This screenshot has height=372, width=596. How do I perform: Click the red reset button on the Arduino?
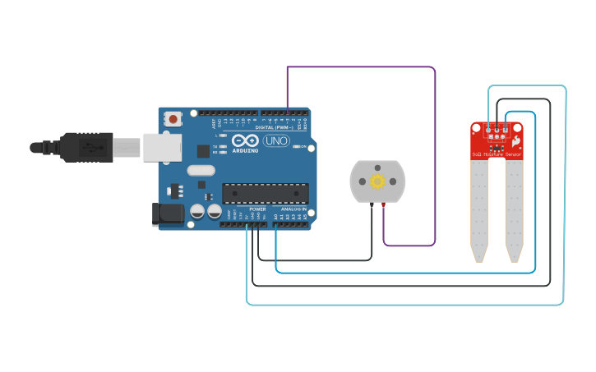pos(173,119)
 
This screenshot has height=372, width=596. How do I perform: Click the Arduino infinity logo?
pos(245,140)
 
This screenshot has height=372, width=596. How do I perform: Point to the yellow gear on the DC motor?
pos(377,181)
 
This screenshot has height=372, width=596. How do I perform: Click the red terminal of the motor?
pos(383,204)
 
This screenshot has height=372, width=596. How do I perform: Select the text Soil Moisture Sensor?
pos(496,154)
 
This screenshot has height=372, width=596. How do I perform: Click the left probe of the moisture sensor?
pos(478,209)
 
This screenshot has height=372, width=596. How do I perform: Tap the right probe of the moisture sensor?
pos(514,209)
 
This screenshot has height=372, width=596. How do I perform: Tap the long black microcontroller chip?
pos(265,194)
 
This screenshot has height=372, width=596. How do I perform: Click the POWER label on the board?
pos(257,209)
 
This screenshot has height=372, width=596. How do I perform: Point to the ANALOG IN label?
pos(292,209)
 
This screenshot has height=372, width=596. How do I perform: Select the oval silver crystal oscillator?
pos(201,171)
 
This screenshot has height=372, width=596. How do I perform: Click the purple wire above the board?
pos(362,67)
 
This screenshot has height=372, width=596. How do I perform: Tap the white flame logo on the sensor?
pos(516,142)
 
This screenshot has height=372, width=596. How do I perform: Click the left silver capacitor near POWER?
pos(197,211)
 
